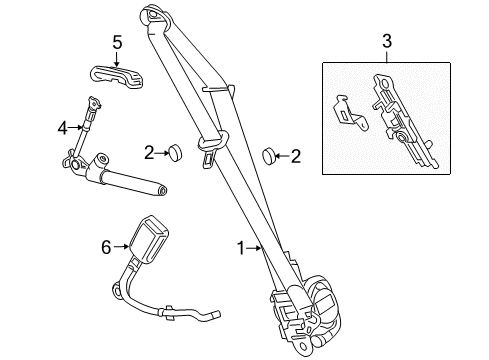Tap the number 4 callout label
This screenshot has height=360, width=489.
(x=63, y=128)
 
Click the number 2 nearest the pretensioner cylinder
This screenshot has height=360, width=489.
(x=150, y=153)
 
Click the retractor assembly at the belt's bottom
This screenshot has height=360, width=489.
(x=305, y=304)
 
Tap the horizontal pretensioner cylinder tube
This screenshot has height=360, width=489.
(x=130, y=180)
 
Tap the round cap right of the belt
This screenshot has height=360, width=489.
(x=268, y=154)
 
